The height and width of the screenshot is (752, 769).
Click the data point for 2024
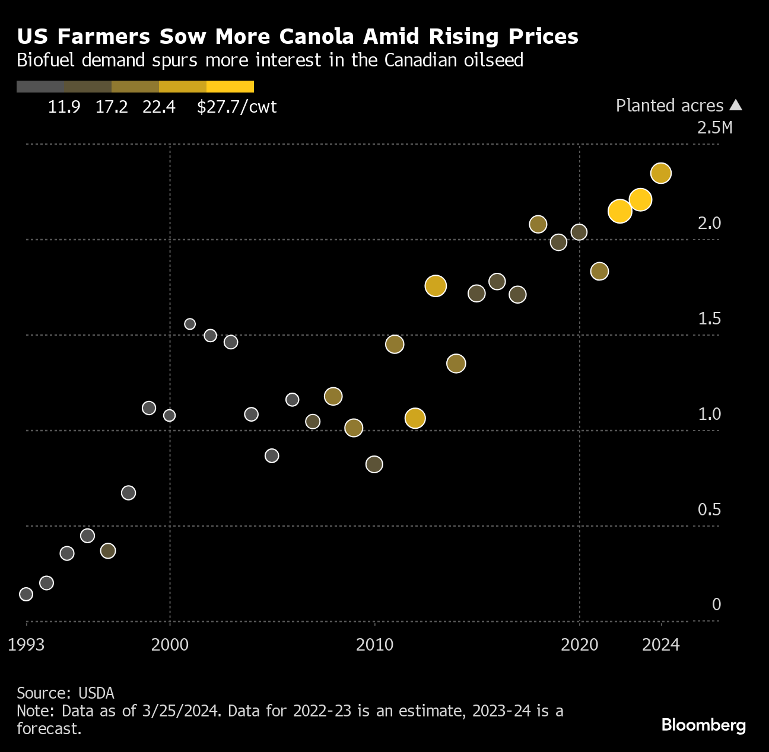pyautogui.click(x=660, y=173)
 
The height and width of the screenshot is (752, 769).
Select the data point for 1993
pyautogui.click(x=26, y=594)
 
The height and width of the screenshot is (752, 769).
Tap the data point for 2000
pyautogui.click(x=170, y=415)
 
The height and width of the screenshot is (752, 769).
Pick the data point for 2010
pyautogui.click(x=374, y=464)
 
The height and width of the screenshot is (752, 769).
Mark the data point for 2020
pyautogui.click(x=579, y=232)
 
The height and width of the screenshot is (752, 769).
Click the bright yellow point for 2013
pyautogui.click(x=436, y=286)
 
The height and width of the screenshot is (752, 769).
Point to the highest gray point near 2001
pyautogui.click(x=190, y=324)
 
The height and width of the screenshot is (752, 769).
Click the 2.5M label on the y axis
pyautogui.click(x=714, y=128)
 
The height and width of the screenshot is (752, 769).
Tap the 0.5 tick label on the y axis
pyautogui.click(x=709, y=509)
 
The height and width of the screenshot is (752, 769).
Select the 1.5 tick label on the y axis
pyautogui.click(x=709, y=318)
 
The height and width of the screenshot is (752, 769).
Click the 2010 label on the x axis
pyautogui.click(x=374, y=645)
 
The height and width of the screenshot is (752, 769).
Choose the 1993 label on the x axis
pyautogui.click(x=26, y=645)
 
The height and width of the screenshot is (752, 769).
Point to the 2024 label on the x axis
pyautogui.click(x=660, y=645)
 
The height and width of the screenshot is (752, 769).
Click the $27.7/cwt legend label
pyautogui.click(x=237, y=107)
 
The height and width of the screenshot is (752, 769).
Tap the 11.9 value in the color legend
pyautogui.click(x=64, y=107)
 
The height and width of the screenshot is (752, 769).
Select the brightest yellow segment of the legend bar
pyautogui.click(x=230, y=87)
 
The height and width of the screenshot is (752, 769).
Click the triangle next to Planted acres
pyautogui.click(x=736, y=105)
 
